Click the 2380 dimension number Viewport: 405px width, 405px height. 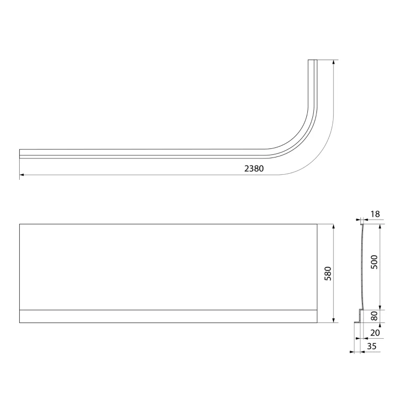tap(254, 169)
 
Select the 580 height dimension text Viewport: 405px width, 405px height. tap(328, 273)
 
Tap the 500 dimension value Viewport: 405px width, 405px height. tap(374, 262)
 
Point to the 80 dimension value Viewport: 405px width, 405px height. tap(374, 316)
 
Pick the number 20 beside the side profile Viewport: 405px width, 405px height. tap(375, 333)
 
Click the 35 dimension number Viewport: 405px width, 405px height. tap(372, 346)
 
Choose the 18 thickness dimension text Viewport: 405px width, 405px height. tap(375, 214)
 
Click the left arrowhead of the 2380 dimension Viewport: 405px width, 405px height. tap(22, 175)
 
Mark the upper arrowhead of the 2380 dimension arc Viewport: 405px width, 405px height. tap(334, 62)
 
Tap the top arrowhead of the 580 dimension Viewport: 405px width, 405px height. tap(334, 226)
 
